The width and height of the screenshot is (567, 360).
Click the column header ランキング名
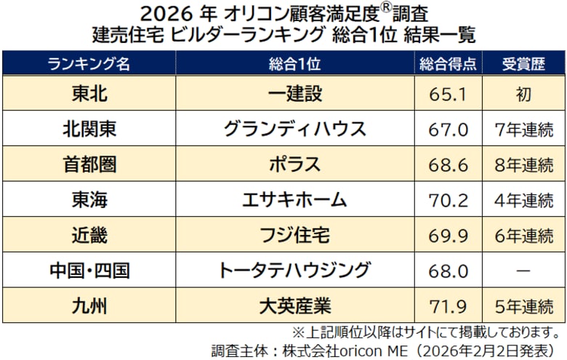[x=89, y=63]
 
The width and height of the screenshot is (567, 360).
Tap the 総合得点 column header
[x=449, y=63]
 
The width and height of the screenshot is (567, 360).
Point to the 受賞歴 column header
[x=523, y=63]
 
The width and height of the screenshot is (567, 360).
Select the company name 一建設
[x=294, y=93]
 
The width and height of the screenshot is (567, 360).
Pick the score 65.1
[x=449, y=94]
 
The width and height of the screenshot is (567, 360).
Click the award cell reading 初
[x=523, y=94]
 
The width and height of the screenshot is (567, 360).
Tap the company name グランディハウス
[x=294, y=129]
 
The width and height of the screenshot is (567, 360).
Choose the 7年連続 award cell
[x=523, y=129]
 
